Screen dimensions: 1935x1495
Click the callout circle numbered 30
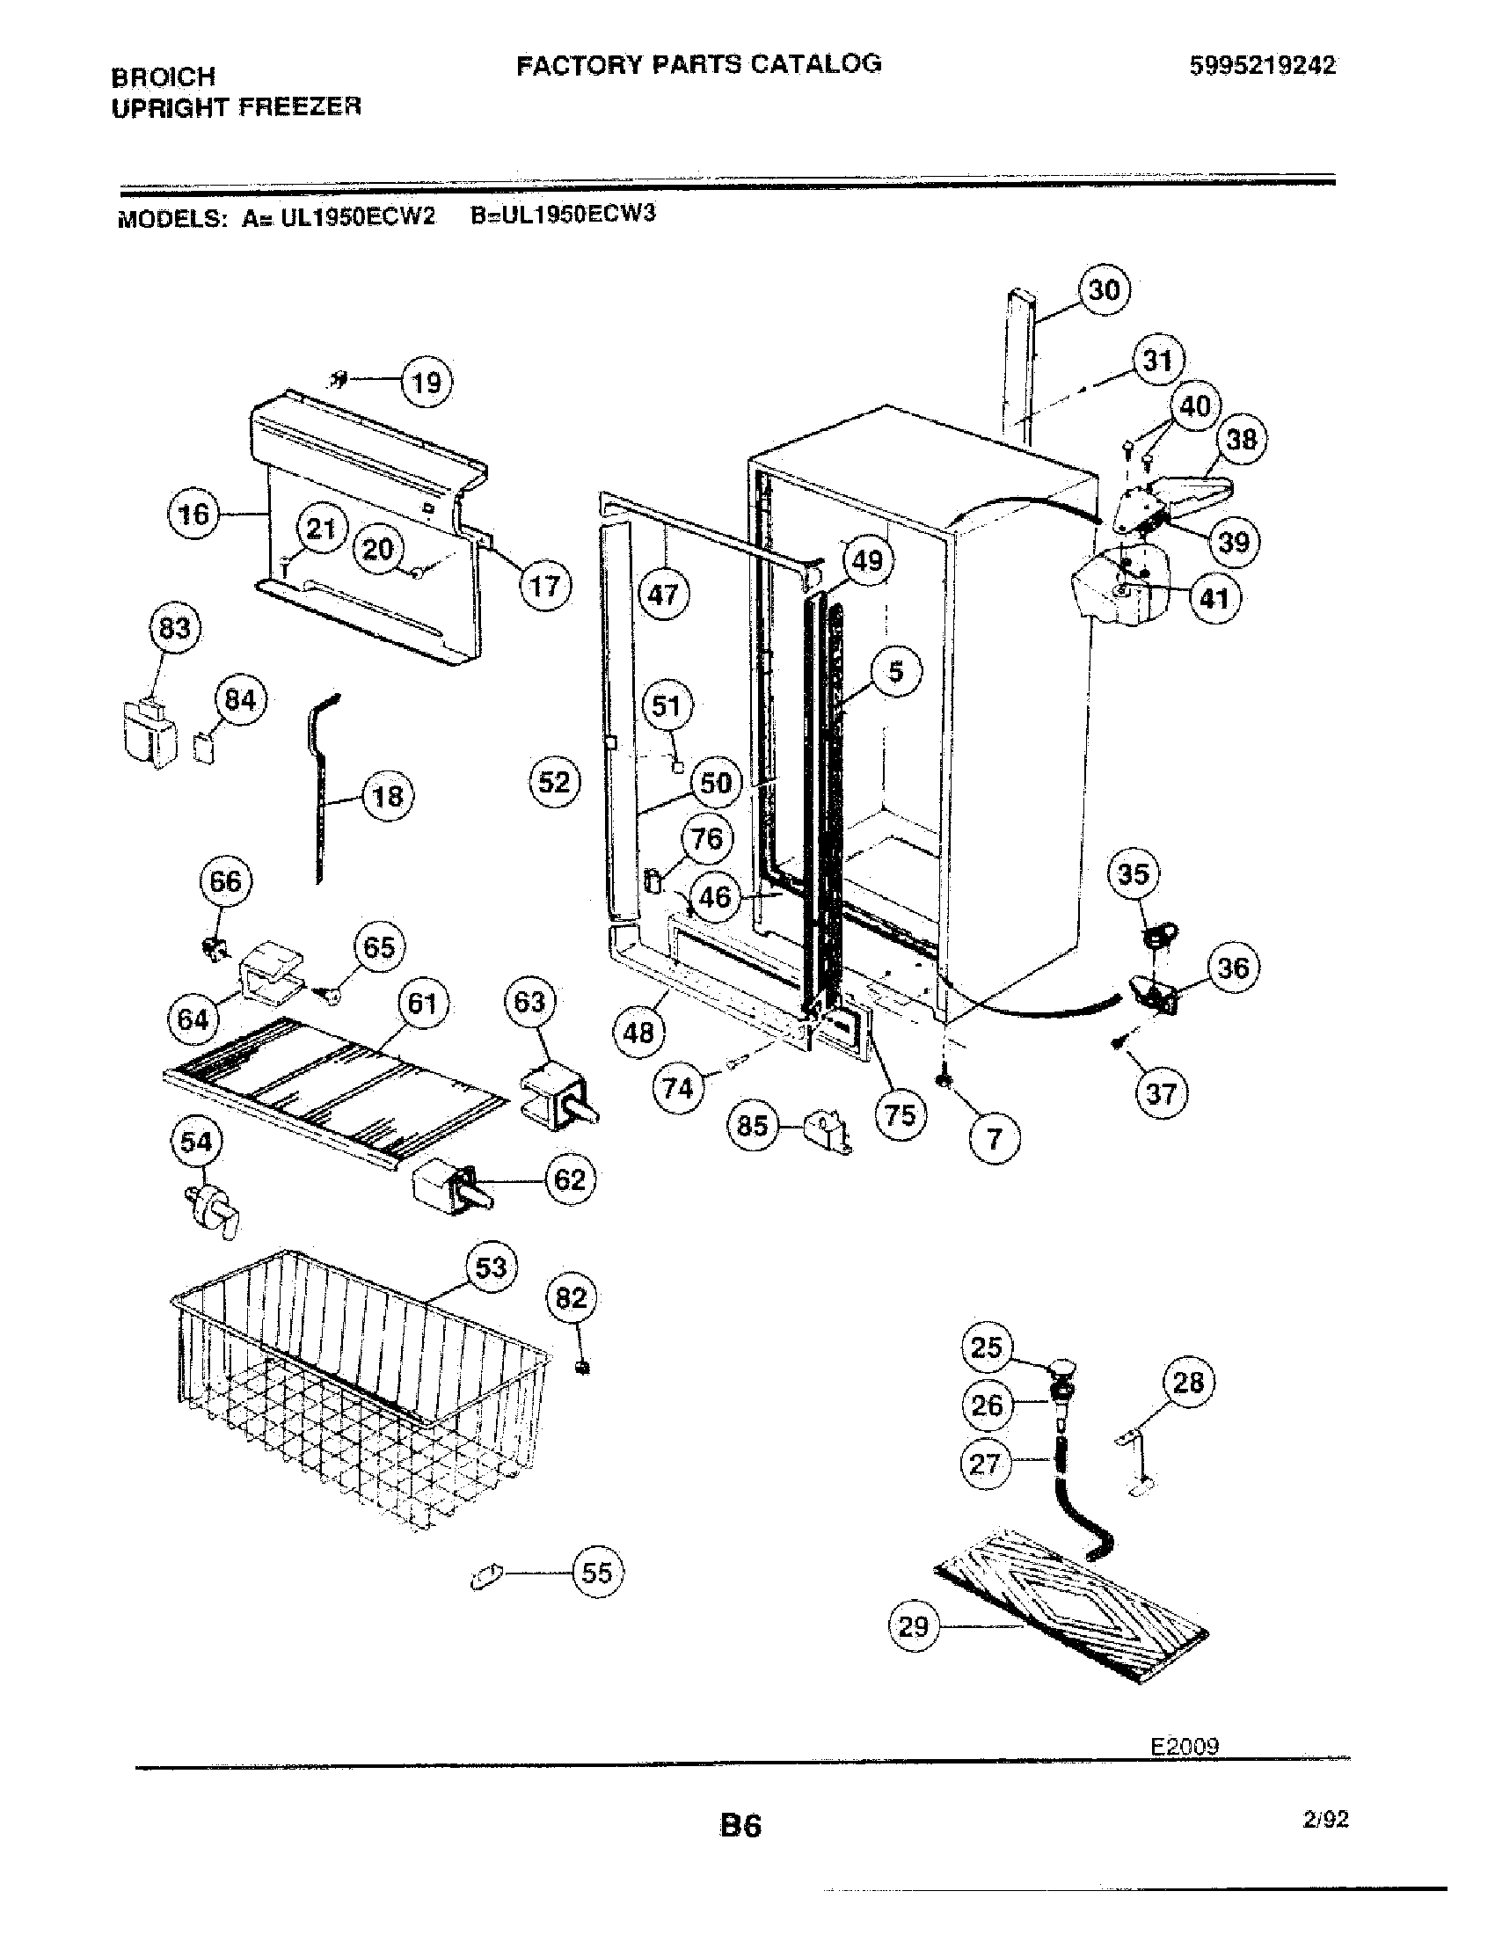[1104, 289]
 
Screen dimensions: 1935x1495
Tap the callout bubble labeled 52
[555, 781]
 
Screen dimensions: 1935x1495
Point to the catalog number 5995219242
[1262, 67]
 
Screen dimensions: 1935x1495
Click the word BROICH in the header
[164, 77]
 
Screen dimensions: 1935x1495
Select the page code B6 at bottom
[740, 1825]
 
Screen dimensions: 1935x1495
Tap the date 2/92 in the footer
[1325, 1819]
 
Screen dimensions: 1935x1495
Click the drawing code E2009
[1185, 1745]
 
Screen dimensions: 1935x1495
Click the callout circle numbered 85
[752, 1125]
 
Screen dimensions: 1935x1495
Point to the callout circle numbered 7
[995, 1138]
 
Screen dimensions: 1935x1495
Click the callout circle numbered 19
[427, 383]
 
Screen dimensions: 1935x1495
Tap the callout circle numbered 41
[1214, 599]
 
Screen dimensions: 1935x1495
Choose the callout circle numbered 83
[174, 628]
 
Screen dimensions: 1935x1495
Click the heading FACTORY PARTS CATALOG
[699, 64]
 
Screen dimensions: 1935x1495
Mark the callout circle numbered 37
[1161, 1093]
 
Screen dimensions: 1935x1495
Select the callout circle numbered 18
[388, 796]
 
